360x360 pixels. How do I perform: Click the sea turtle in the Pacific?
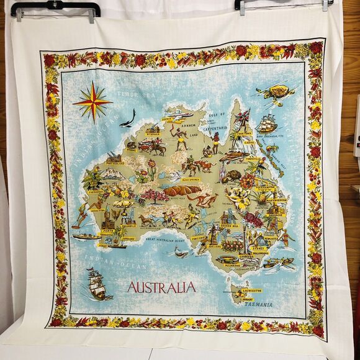pyautogui.click(x=272, y=93)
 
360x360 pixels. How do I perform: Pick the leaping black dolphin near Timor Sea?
pyautogui.click(x=128, y=117)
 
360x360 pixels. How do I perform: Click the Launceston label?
pyautogui.click(x=259, y=290)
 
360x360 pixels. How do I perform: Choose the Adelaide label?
pyautogui.click(x=215, y=246)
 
